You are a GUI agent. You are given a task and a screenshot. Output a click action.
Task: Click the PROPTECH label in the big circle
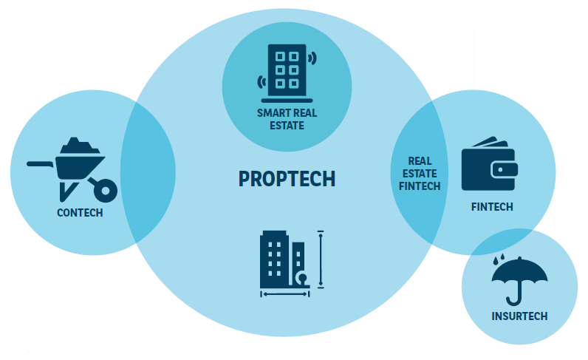click(287, 179)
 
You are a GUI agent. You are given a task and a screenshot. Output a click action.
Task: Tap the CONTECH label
click(80, 213)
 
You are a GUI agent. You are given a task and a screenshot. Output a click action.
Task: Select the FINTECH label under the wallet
click(492, 207)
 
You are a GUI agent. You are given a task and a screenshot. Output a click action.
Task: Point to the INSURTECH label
click(519, 316)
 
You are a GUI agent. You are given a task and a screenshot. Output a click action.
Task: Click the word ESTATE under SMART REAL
click(287, 126)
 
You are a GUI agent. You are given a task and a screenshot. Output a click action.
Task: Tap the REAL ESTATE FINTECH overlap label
click(420, 174)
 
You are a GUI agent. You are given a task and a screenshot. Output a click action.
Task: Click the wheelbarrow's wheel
click(106, 191)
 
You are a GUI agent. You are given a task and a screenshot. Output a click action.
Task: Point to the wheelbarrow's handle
click(40, 164)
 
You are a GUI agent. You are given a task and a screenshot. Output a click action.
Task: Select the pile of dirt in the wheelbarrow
click(80, 146)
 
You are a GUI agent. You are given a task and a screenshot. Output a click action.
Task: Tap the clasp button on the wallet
click(500, 170)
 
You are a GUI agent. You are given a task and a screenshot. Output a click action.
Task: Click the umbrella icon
click(519, 280)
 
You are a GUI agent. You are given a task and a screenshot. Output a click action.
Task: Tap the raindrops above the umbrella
click(499, 259)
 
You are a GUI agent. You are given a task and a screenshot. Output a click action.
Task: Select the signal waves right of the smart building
click(312, 58)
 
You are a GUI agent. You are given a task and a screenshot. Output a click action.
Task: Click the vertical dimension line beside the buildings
click(321, 259)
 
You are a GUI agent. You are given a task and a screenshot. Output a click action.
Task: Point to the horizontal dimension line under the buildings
click(285, 294)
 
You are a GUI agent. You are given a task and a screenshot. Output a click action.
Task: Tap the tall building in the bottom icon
click(274, 259)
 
